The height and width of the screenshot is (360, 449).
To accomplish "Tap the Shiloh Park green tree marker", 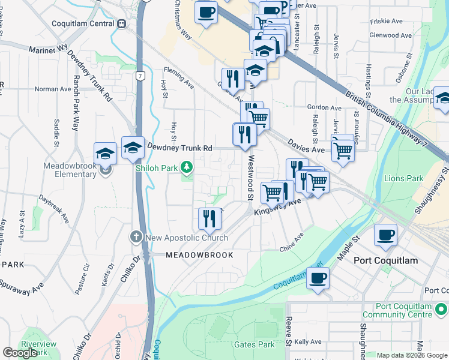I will tap(187, 167).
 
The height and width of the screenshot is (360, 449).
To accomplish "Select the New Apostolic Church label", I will tap(185, 238).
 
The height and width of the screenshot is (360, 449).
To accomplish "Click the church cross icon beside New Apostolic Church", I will tap(136, 237).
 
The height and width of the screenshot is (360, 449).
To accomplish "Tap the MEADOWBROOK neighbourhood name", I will tap(191, 255).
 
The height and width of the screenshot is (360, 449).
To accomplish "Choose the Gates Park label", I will tap(254, 344).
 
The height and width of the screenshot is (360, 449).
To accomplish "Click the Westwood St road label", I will tap(249, 178).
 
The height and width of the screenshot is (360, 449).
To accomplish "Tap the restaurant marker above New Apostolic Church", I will tap(209, 218).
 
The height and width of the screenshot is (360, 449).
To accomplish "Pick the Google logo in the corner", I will tap(20, 353).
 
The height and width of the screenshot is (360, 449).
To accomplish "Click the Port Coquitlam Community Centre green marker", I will tap(441, 310).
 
